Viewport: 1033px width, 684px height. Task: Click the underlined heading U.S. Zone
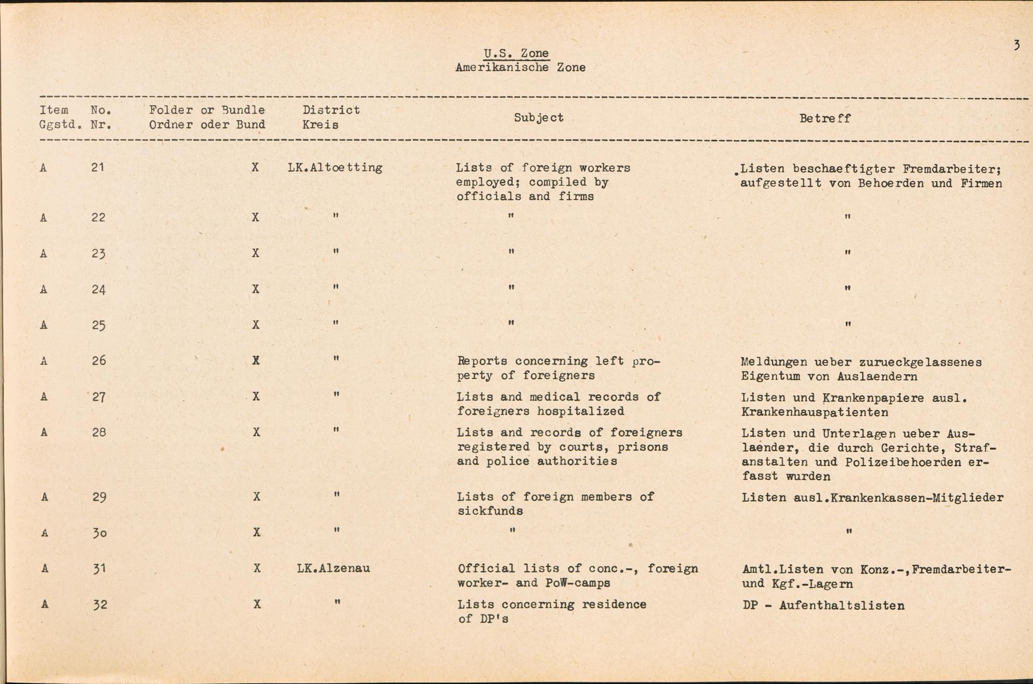coord(516,53)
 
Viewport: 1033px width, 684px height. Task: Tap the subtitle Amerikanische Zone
coord(520,68)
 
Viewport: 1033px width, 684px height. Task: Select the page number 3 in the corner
coord(1016,45)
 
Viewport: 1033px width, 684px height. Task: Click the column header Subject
coord(538,118)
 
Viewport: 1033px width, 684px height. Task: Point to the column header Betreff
coord(824,118)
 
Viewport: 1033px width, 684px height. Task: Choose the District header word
coord(331,110)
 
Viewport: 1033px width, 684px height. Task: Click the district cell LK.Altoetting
coord(335,168)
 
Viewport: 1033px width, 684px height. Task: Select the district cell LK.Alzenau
coord(333,569)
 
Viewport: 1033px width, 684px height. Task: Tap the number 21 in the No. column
coord(98,167)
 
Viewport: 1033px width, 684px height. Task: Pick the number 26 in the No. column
coord(98,360)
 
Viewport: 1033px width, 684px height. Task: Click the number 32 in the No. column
coord(100,605)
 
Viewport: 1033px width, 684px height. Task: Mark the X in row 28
coord(256,432)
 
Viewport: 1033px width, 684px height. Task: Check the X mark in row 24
coord(255,289)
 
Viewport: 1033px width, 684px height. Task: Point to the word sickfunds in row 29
coord(490,511)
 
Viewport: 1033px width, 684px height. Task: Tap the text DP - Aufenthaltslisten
coord(823,606)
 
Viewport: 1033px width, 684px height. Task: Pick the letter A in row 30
coord(44,533)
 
